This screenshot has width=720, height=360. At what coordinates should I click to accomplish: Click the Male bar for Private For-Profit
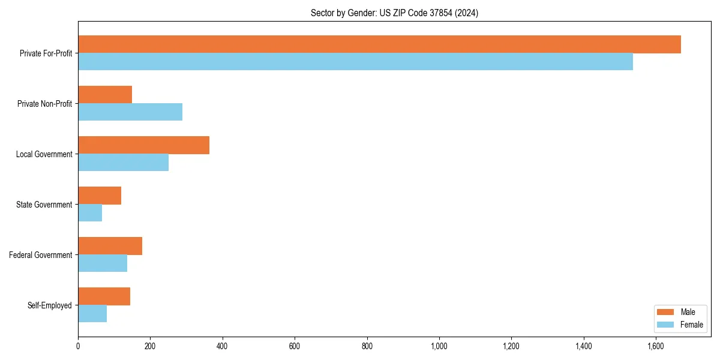pos(379,44)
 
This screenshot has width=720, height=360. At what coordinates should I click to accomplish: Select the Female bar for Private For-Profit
pos(355,62)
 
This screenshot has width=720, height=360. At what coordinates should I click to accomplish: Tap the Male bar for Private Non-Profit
pos(105,95)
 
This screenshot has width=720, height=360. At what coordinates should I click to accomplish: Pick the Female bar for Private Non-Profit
pos(130,112)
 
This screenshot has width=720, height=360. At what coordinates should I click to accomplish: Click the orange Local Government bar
pos(143,145)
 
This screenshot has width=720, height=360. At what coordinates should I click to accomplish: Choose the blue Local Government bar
pos(123,163)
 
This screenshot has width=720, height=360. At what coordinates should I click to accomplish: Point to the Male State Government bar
pos(100,196)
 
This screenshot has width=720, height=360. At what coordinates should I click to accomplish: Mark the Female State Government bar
pos(90,213)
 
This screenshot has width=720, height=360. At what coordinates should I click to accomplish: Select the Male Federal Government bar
pos(110,246)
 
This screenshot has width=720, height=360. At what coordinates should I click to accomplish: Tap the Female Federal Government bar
pos(103,263)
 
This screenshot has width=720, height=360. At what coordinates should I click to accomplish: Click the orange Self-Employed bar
pos(104,296)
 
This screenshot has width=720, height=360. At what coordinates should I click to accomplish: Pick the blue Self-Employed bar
pos(92,314)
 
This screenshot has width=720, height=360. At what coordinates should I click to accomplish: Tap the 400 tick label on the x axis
pos(222,346)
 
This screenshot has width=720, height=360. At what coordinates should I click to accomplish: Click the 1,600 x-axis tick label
pos(656,346)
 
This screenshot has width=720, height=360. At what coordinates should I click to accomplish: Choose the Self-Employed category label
pos(50,305)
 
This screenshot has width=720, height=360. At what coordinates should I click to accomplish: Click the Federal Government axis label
pos(41,255)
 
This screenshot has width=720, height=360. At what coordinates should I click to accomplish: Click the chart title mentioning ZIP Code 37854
pos(394,13)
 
